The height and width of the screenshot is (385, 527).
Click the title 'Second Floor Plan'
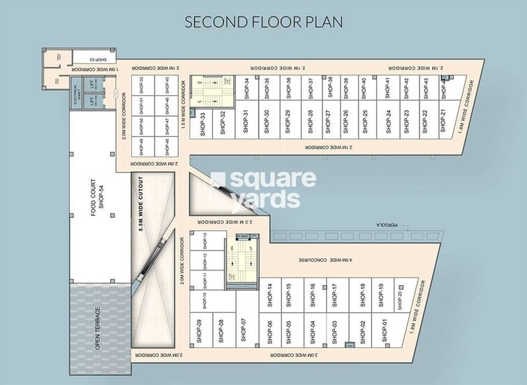(263, 21)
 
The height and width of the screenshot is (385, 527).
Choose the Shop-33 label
(202, 123)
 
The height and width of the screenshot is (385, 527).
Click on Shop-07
(244, 328)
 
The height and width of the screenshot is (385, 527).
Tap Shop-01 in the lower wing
(383, 328)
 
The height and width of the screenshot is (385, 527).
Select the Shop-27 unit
(328, 123)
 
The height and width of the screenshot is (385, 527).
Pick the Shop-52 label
(142, 85)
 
